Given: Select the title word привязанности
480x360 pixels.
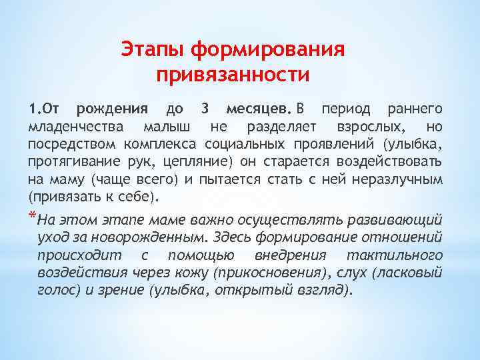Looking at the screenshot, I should [x=233, y=74].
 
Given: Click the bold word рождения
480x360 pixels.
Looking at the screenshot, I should [x=113, y=108].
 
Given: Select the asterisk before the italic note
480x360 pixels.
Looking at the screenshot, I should [x=33, y=217].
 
